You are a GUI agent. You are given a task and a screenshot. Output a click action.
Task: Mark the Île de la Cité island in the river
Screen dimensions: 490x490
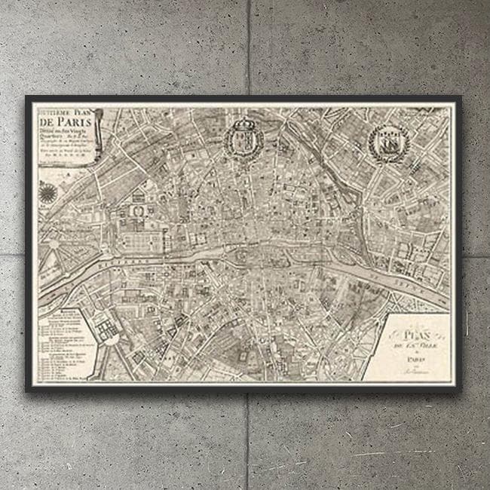pos(253,257)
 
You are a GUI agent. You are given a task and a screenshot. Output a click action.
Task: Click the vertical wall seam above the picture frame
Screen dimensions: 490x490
pos(248,45)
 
